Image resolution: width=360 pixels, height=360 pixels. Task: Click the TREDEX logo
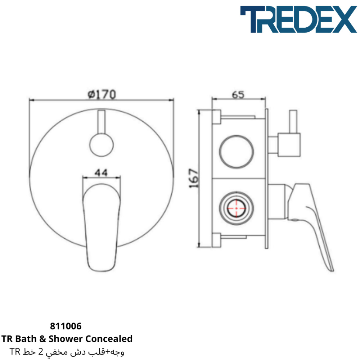[298, 19]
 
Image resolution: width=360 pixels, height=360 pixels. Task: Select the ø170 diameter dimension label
[102, 94]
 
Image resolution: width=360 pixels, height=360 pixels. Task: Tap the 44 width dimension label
[101, 172]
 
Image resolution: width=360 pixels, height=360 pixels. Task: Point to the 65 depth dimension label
[238, 94]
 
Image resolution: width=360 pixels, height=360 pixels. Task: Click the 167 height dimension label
[194, 178]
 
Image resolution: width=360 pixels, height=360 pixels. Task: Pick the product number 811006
[66, 326]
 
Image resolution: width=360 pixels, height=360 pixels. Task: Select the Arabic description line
[67, 351]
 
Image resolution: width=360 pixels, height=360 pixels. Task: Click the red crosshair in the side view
[236, 208]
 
